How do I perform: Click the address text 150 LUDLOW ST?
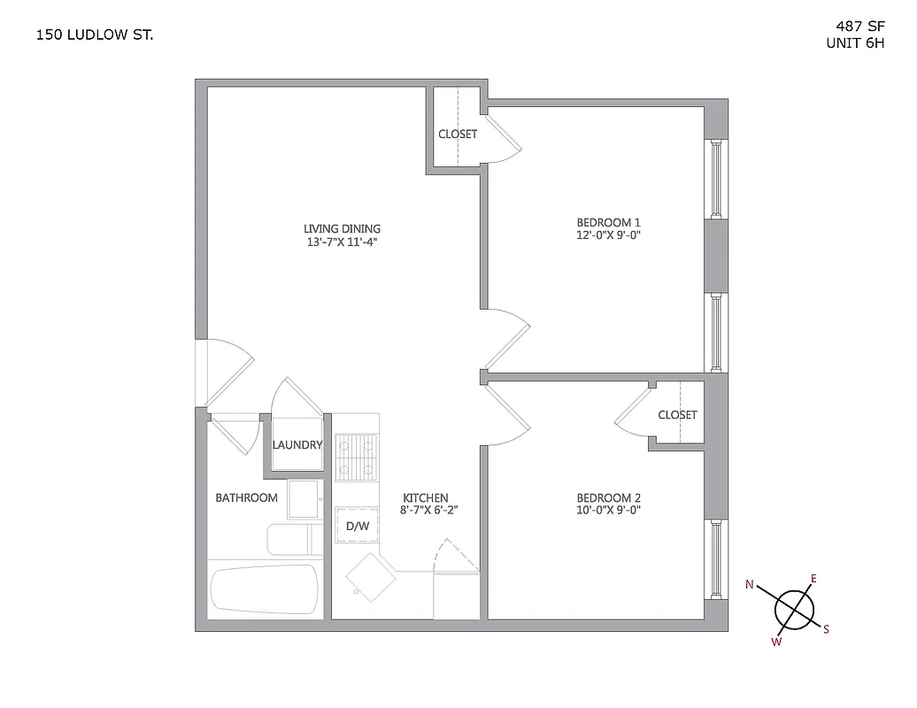[95, 36]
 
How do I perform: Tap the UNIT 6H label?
[854, 42]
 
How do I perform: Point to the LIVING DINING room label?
[342, 228]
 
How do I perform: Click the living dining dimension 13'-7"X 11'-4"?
[342, 242]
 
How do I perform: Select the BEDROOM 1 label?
[608, 222]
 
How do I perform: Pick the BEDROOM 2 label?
[608, 497]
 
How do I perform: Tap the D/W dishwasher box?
[357, 526]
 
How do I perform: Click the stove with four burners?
[357, 457]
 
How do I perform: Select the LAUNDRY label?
[297, 444]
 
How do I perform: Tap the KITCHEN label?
[426, 497]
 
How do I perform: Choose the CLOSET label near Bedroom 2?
[677, 414]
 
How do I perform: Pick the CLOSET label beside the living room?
[458, 134]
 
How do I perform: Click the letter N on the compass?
[750, 584]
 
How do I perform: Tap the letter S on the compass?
[826, 629]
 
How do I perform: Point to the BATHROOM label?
[247, 497]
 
